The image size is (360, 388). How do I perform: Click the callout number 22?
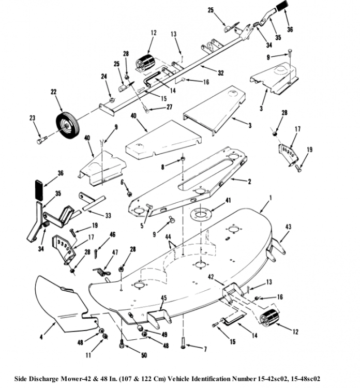[x=53, y=92]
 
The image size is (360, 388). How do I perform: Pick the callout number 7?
[x=190, y=350]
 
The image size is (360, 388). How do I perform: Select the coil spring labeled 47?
[x=103, y=270]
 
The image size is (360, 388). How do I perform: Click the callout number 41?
[x=228, y=199]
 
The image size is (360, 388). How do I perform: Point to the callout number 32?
[x=221, y=73]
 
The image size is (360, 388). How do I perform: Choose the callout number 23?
[x=32, y=118]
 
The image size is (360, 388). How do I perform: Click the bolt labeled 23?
[x=42, y=139]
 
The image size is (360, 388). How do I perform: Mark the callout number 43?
[x=288, y=227]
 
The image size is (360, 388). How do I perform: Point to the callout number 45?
[x=163, y=297]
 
